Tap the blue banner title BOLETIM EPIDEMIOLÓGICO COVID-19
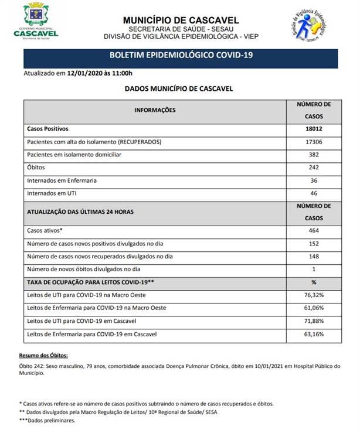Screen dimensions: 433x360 pyautogui.click(x=181, y=57)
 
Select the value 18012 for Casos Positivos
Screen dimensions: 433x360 pyautogui.click(x=314, y=128)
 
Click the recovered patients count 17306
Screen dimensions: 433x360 pyautogui.click(x=314, y=142)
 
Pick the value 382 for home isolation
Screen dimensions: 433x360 pyautogui.click(x=314, y=155)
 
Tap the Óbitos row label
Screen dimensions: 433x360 pyautogui.click(x=36, y=168)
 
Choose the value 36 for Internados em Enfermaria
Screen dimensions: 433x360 pyautogui.click(x=314, y=180)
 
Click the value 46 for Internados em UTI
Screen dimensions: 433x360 pyautogui.click(x=314, y=193)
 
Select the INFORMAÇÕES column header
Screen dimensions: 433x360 pyautogui.click(x=155, y=110)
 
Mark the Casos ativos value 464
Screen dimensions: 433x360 pyautogui.click(x=314, y=231)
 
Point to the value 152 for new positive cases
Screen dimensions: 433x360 pyautogui.click(x=314, y=244)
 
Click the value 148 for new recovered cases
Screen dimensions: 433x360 pyautogui.click(x=314, y=257)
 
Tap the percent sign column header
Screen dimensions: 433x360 pyautogui.click(x=314, y=282)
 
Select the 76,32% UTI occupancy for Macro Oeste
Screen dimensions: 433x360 pyautogui.click(x=314, y=295)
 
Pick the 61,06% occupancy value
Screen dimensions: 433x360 pyautogui.click(x=314, y=308)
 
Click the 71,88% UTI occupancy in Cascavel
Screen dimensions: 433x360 pyautogui.click(x=314, y=321)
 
